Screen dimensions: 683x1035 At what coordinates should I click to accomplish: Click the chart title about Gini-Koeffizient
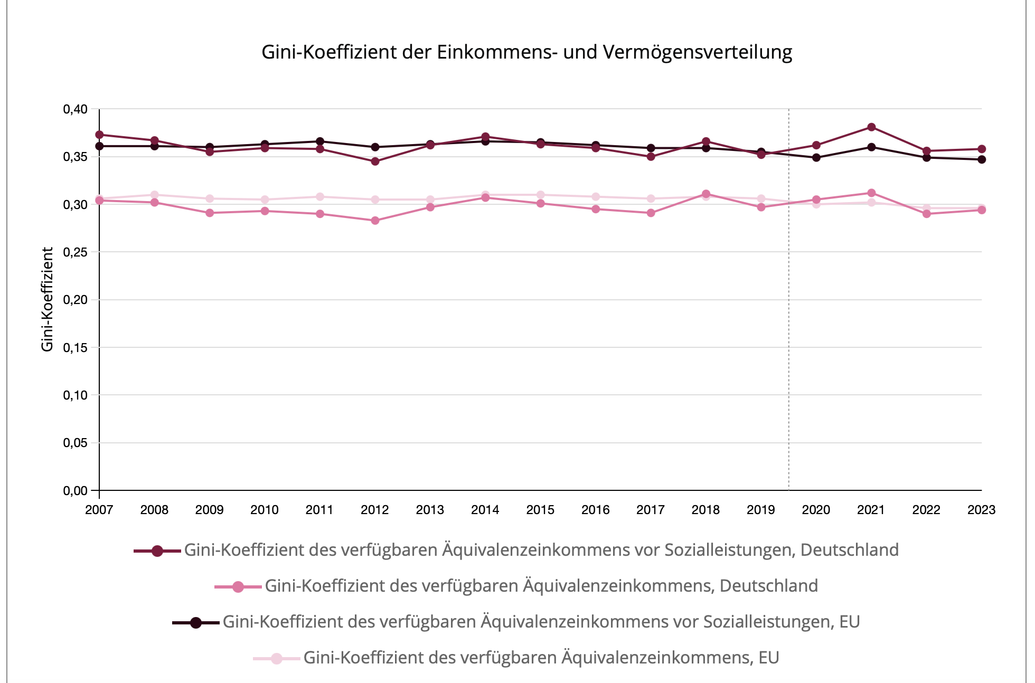tap(526, 52)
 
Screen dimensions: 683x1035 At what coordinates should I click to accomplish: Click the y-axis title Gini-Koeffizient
tap(48, 299)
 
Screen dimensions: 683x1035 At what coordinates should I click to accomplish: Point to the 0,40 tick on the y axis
tap(75, 109)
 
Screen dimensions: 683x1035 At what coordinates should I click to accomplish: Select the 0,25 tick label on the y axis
tap(75, 252)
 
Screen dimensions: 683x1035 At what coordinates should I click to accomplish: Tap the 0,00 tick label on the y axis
tap(75, 491)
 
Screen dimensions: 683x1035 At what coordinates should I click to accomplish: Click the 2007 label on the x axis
tap(99, 510)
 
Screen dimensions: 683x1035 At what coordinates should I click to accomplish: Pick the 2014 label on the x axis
tap(485, 510)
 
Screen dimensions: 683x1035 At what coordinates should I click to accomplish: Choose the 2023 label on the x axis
tap(981, 510)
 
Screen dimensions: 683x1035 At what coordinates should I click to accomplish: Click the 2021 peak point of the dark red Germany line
tap(871, 127)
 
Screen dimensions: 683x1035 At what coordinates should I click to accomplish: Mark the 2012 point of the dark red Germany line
tap(375, 162)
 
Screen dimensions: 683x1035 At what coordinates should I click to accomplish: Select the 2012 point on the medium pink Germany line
tap(375, 221)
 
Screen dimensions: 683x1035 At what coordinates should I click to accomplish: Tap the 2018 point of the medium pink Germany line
tap(706, 194)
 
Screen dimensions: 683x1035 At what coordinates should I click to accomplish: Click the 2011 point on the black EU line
tap(320, 141)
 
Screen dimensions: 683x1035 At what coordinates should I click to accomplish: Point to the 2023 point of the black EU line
tap(982, 159)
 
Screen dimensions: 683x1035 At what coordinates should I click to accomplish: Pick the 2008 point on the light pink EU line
tap(154, 195)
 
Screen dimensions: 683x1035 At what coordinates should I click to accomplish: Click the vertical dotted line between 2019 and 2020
tap(789, 317)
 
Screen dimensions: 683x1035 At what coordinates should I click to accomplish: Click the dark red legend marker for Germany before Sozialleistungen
tap(157, 551)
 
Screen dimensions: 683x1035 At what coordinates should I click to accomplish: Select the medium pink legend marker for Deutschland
tap(238, 586)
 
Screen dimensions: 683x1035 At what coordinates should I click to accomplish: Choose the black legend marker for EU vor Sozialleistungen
tap(196, 622)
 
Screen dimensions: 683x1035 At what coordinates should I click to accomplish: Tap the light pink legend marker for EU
tap(277, 658)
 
